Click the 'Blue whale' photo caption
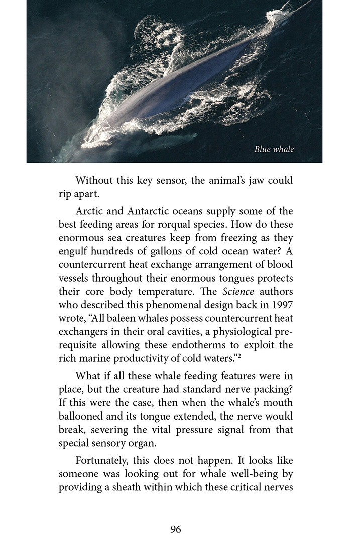[274, 149]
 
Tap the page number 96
[175, 529]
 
